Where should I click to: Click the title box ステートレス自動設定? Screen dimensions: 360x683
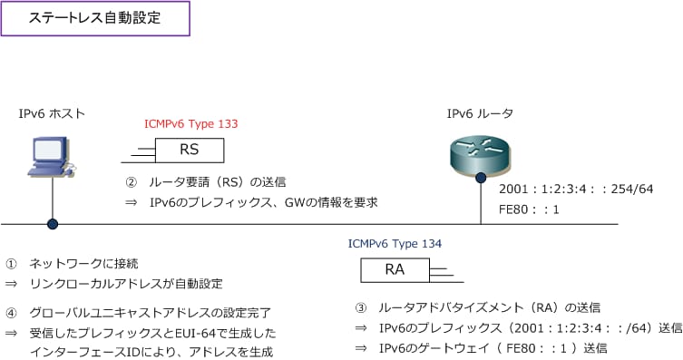point(95,18)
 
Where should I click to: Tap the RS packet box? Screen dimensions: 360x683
point(190,150)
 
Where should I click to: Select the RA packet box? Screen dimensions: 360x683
point(395,269)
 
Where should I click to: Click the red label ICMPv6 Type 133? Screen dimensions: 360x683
point(190,123)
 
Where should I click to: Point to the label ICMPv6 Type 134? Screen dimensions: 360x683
point(395,243)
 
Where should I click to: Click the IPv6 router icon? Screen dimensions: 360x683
point(481,154)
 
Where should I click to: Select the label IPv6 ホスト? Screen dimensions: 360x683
point(53,113)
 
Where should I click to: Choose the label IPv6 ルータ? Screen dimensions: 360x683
point(480,113)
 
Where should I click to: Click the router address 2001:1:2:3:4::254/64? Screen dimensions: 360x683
point(576,189)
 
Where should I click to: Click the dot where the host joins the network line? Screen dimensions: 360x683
point(53,224)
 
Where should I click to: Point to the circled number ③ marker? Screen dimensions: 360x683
point(360,307)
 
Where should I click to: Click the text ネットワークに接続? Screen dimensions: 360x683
point(83,264)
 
